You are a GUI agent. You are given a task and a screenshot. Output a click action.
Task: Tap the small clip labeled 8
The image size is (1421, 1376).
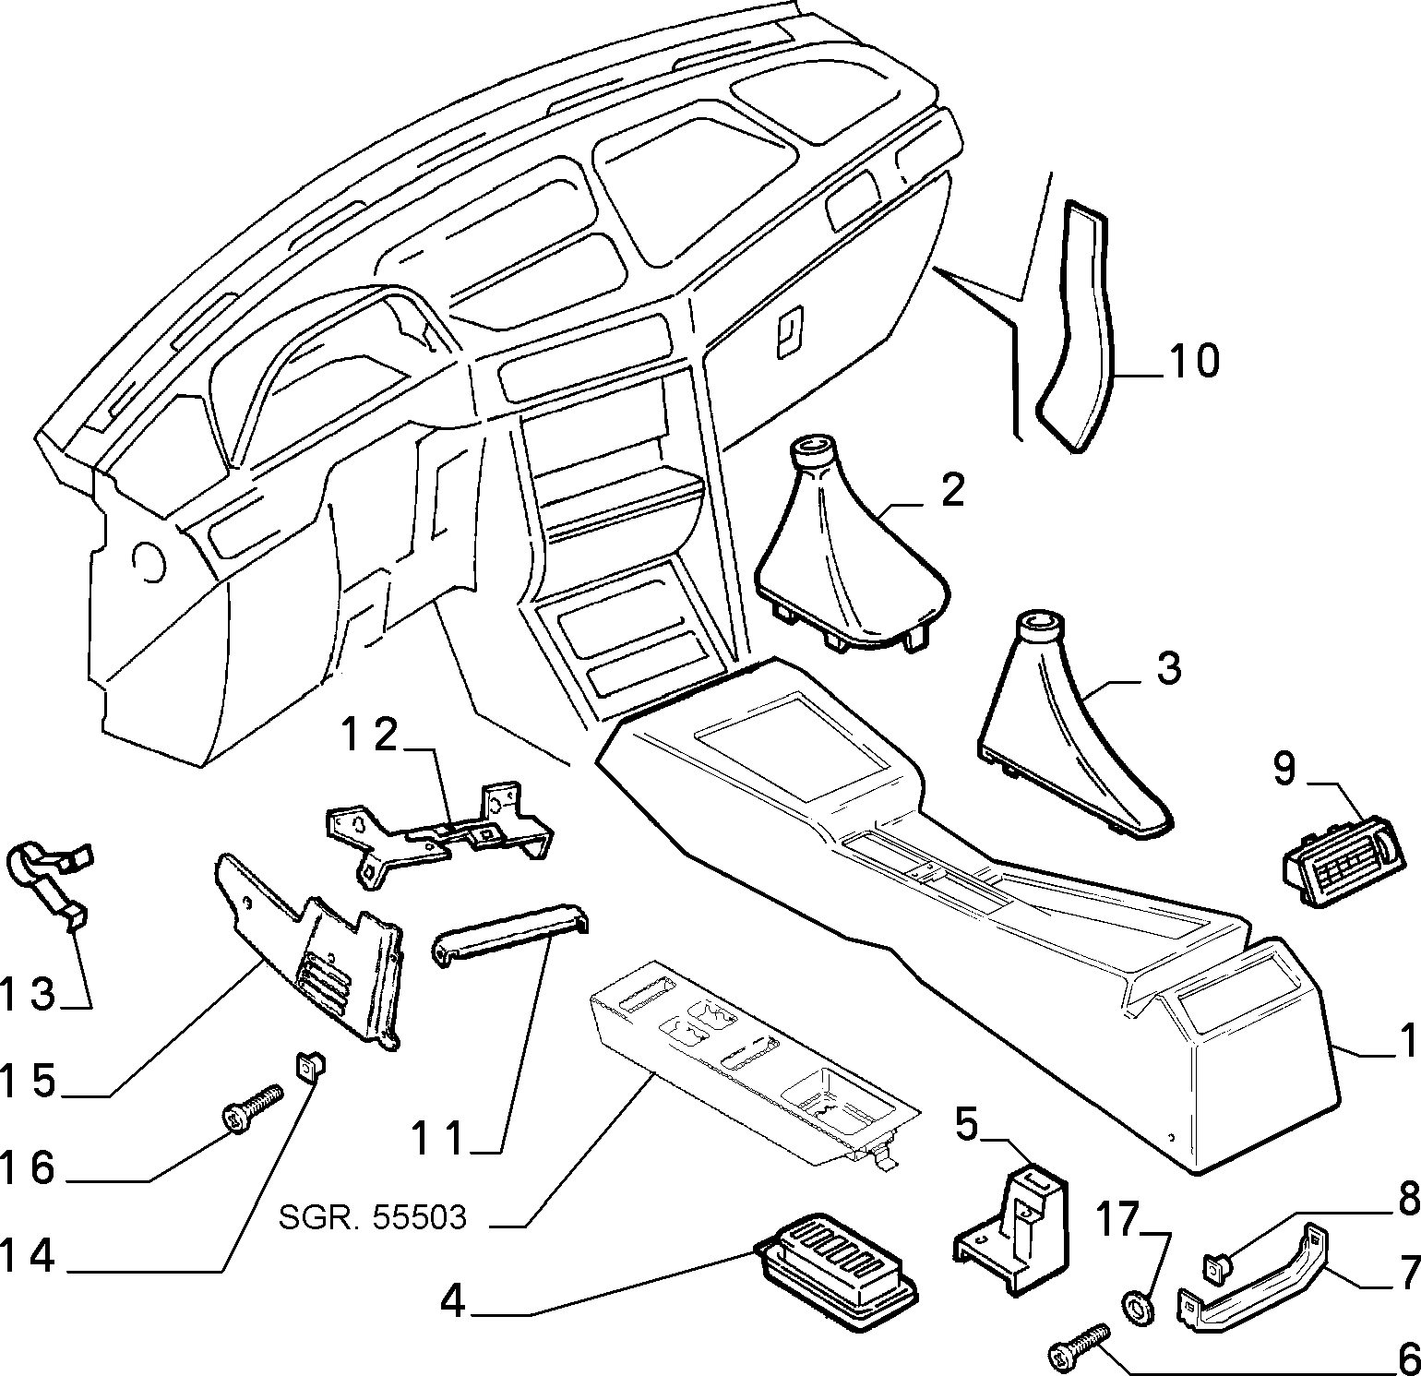[1217, 1268]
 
